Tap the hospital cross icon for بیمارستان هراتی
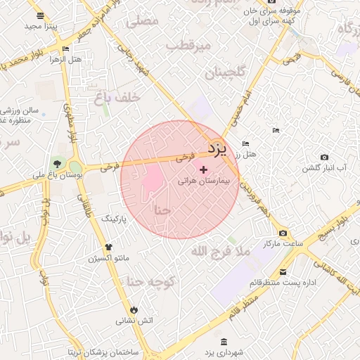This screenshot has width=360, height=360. (x=204, y=169)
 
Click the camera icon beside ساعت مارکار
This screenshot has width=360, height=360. (x=283, y=233)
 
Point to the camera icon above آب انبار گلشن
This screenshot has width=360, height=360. (x=324, y=157)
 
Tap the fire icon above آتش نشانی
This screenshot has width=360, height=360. (x=133, y=309)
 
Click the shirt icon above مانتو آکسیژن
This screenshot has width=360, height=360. (x=109, y=247)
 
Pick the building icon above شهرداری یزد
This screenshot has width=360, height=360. (x=224, y=342)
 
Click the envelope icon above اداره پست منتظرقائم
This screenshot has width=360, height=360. (x=283, y=272)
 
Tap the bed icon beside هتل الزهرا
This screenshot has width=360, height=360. (x=65, y=49)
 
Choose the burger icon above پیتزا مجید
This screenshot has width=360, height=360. (x=39, y=15)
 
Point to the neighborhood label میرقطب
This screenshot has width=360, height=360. (x=188, y=46)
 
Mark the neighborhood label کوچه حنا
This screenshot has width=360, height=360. (x=149, y=282)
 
